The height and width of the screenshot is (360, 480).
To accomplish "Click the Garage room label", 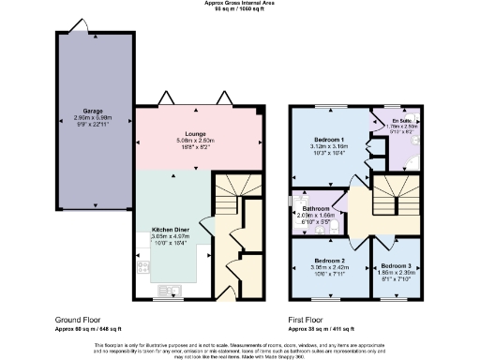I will coord(92,112).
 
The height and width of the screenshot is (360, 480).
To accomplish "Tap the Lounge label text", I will coord(195,134).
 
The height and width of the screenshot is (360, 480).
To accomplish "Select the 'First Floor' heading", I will coord(307,320).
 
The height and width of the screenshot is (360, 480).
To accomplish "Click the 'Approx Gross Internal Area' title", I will coord(240,3).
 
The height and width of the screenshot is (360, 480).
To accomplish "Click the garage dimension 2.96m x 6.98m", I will coord(92,118).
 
